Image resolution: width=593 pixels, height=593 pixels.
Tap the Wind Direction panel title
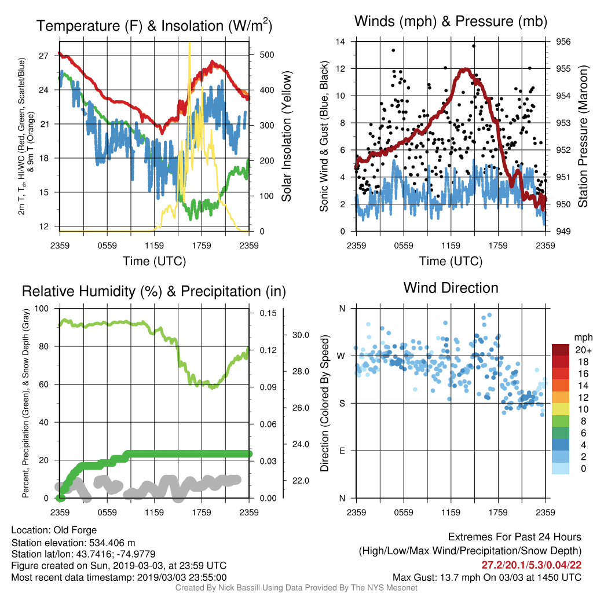tap(451, 288)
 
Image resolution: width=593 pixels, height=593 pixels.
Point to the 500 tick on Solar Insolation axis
tap(267, 55)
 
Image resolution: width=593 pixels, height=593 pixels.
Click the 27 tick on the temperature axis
tap(44, 56)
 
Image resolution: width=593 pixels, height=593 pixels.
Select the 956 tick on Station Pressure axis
tap(563, 42)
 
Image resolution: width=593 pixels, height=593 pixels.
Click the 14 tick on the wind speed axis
tap(341, 42)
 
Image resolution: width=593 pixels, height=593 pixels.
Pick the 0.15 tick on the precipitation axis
tap(268, 313)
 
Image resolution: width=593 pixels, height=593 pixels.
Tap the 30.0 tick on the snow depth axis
tap(301, 335)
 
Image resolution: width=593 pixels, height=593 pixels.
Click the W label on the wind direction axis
tap(341, 356)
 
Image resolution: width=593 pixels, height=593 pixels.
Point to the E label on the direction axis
tap(342, 451)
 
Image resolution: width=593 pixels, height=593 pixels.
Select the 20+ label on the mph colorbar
tap(583, 350)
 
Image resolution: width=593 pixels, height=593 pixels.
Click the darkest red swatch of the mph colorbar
tap(561, 350)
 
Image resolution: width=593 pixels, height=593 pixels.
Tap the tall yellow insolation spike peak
tap(189, 43)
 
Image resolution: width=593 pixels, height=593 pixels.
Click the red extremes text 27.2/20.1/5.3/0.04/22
tap(532, 565)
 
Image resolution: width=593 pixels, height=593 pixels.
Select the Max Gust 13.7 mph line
tap(487, 577)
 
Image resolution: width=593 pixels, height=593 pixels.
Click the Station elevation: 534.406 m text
tap(73, 543)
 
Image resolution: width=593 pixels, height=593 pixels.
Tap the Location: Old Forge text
tap(54, 530)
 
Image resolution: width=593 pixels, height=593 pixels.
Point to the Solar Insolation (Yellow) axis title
tap(286, 136)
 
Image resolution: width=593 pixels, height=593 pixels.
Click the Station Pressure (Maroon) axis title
tap(583, 136)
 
